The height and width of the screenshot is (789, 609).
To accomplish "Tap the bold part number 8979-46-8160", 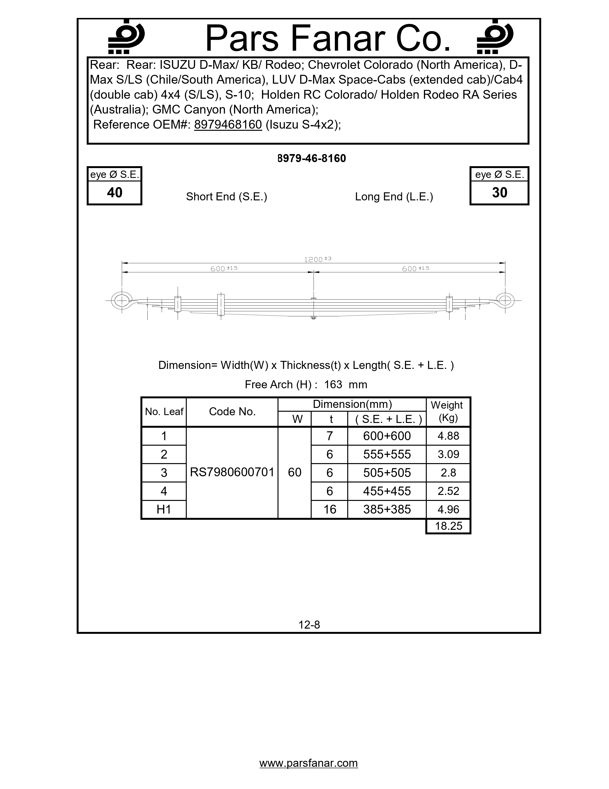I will coord(312,158).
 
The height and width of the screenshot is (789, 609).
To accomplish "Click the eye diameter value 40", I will coord(114,192).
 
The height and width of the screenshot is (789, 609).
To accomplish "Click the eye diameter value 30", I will coord(499,192).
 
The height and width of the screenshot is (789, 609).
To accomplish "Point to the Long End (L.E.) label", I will coord(394,197).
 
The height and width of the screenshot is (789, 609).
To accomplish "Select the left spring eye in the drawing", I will coord(122,301).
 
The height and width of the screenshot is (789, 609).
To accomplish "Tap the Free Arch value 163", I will coord(333,384).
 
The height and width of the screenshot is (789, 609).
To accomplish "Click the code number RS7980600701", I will coord(232,472).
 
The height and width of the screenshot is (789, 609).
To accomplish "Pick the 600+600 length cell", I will coord(387,436).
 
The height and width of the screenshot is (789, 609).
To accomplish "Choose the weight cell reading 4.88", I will coord(448,436).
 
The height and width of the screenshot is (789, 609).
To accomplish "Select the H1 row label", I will coord(164,509).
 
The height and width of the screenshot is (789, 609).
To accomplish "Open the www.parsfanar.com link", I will coord(309,763).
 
